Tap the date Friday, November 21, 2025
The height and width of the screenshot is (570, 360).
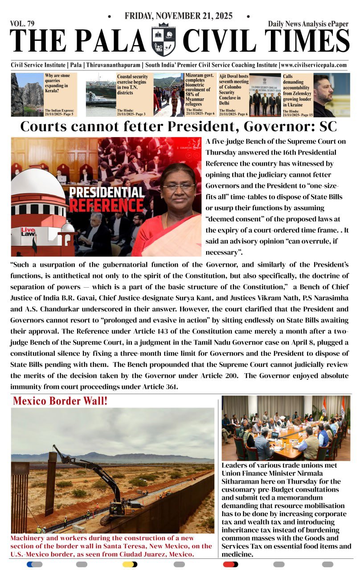pos(179,16)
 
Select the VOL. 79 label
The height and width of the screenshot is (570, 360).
pos(22,24)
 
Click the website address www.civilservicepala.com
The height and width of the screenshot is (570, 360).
pos(313,65)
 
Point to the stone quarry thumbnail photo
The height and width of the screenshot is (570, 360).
pos(27,94)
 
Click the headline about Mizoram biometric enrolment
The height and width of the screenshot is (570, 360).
pos(200,91)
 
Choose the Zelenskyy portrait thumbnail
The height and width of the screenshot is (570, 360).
pos(331,95)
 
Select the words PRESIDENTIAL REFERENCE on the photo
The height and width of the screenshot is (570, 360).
pos(106,199)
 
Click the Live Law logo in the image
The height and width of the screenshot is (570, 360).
pos(28,232)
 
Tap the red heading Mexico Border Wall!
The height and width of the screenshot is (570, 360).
pos(60,401)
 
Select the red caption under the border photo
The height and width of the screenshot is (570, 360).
pos(111,546)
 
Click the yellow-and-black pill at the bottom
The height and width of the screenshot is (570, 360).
pos(130,564)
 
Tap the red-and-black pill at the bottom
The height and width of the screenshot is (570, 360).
pos(230,564)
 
